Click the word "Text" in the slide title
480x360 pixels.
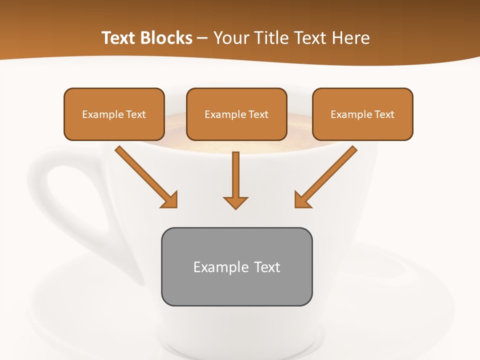(x=119, y=38)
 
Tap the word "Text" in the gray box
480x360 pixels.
(x=267, y=267)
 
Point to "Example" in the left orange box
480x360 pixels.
(x=103, y=114)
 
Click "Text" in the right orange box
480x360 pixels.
(x=384, y=114)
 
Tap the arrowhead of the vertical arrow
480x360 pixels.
(x=235, y=202)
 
